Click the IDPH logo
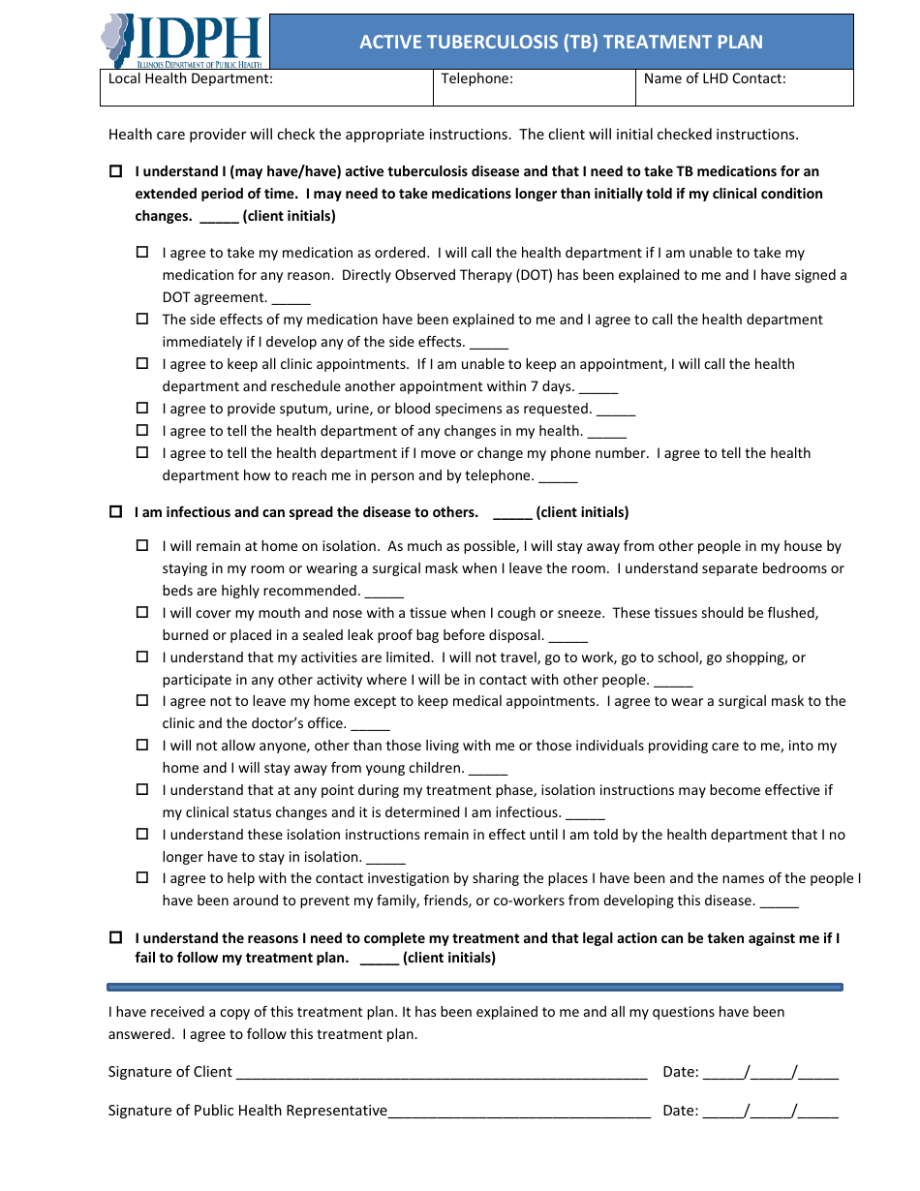(x=182, y=42)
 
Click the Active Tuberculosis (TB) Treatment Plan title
(x=561, y=42)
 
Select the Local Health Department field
(x=266, y=87)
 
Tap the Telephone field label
(x=476, y=79)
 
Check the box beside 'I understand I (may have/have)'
(x=116, y=171)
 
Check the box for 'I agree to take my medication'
(x=142, y=253)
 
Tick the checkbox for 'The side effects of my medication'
(x=142, y=320)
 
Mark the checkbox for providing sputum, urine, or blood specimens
(x=142, y=409)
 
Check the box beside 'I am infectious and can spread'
(x=116, y=512)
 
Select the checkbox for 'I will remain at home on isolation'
(x=142, y=546)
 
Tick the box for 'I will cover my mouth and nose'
(x=142, y=613)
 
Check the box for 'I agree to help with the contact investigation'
(x=142, y=878)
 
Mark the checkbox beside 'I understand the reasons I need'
(x=116, y=938)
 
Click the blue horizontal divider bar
(x=475, y=988)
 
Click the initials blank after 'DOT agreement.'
(x=291, y=299)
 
